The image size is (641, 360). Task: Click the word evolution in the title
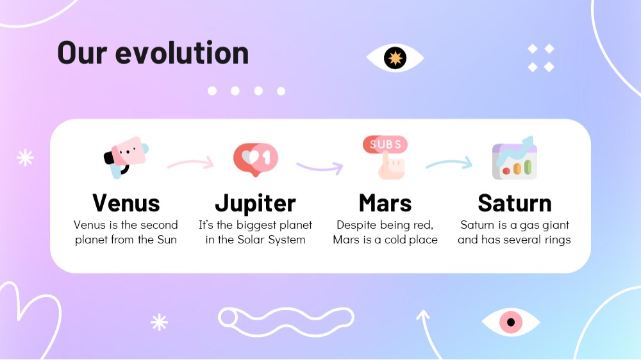(182, 53)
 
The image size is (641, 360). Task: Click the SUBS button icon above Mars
(385, 158)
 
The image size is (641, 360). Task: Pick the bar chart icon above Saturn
(515, 158)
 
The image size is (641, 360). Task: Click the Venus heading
(126, 203)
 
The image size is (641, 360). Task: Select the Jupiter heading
(256, 204)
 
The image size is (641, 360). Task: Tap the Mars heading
(385, 203)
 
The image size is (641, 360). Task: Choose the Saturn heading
(515, 203)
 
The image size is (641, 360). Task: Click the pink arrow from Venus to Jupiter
(190, 163)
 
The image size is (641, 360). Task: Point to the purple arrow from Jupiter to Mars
(320, 168)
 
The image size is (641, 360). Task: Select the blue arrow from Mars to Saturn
(449, 163)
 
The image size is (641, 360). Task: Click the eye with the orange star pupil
(395, 58)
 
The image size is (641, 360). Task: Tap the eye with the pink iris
(511, 322)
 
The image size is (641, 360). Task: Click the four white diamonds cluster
(541, 58)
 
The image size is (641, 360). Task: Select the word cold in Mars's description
(395, 240)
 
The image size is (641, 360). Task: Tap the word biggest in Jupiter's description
(256, 225)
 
